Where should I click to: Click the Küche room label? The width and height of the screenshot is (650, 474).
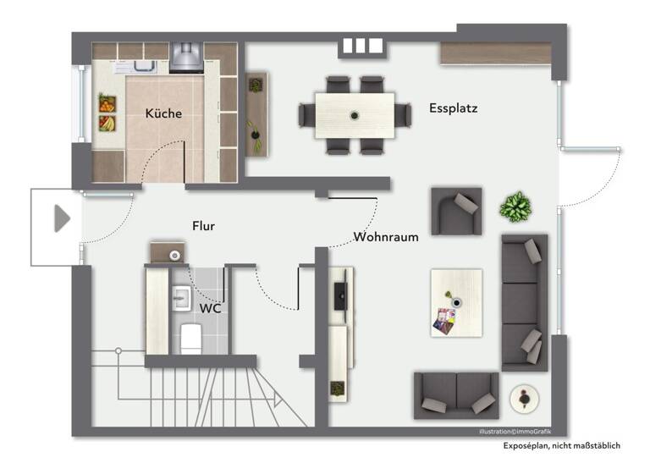tap(163, 113)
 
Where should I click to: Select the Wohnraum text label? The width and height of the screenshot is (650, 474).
tap(386, 237)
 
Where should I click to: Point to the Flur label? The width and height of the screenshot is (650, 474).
tap(203, 226)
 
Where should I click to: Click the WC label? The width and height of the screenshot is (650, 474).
tap(211, 308)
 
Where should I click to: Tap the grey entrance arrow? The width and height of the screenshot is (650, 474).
tap(61, 218)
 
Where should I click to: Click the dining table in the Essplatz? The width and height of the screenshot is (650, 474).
tap(354, 115)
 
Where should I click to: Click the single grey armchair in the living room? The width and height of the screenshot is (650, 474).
tap(457, 211)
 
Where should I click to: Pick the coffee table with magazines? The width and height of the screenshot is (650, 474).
tap(455, 302)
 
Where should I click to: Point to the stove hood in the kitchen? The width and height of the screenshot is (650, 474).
tap(186, 57)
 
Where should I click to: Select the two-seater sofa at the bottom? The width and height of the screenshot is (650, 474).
tap(455, 394)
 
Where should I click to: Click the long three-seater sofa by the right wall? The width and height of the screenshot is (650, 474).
tap(525, 302)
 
